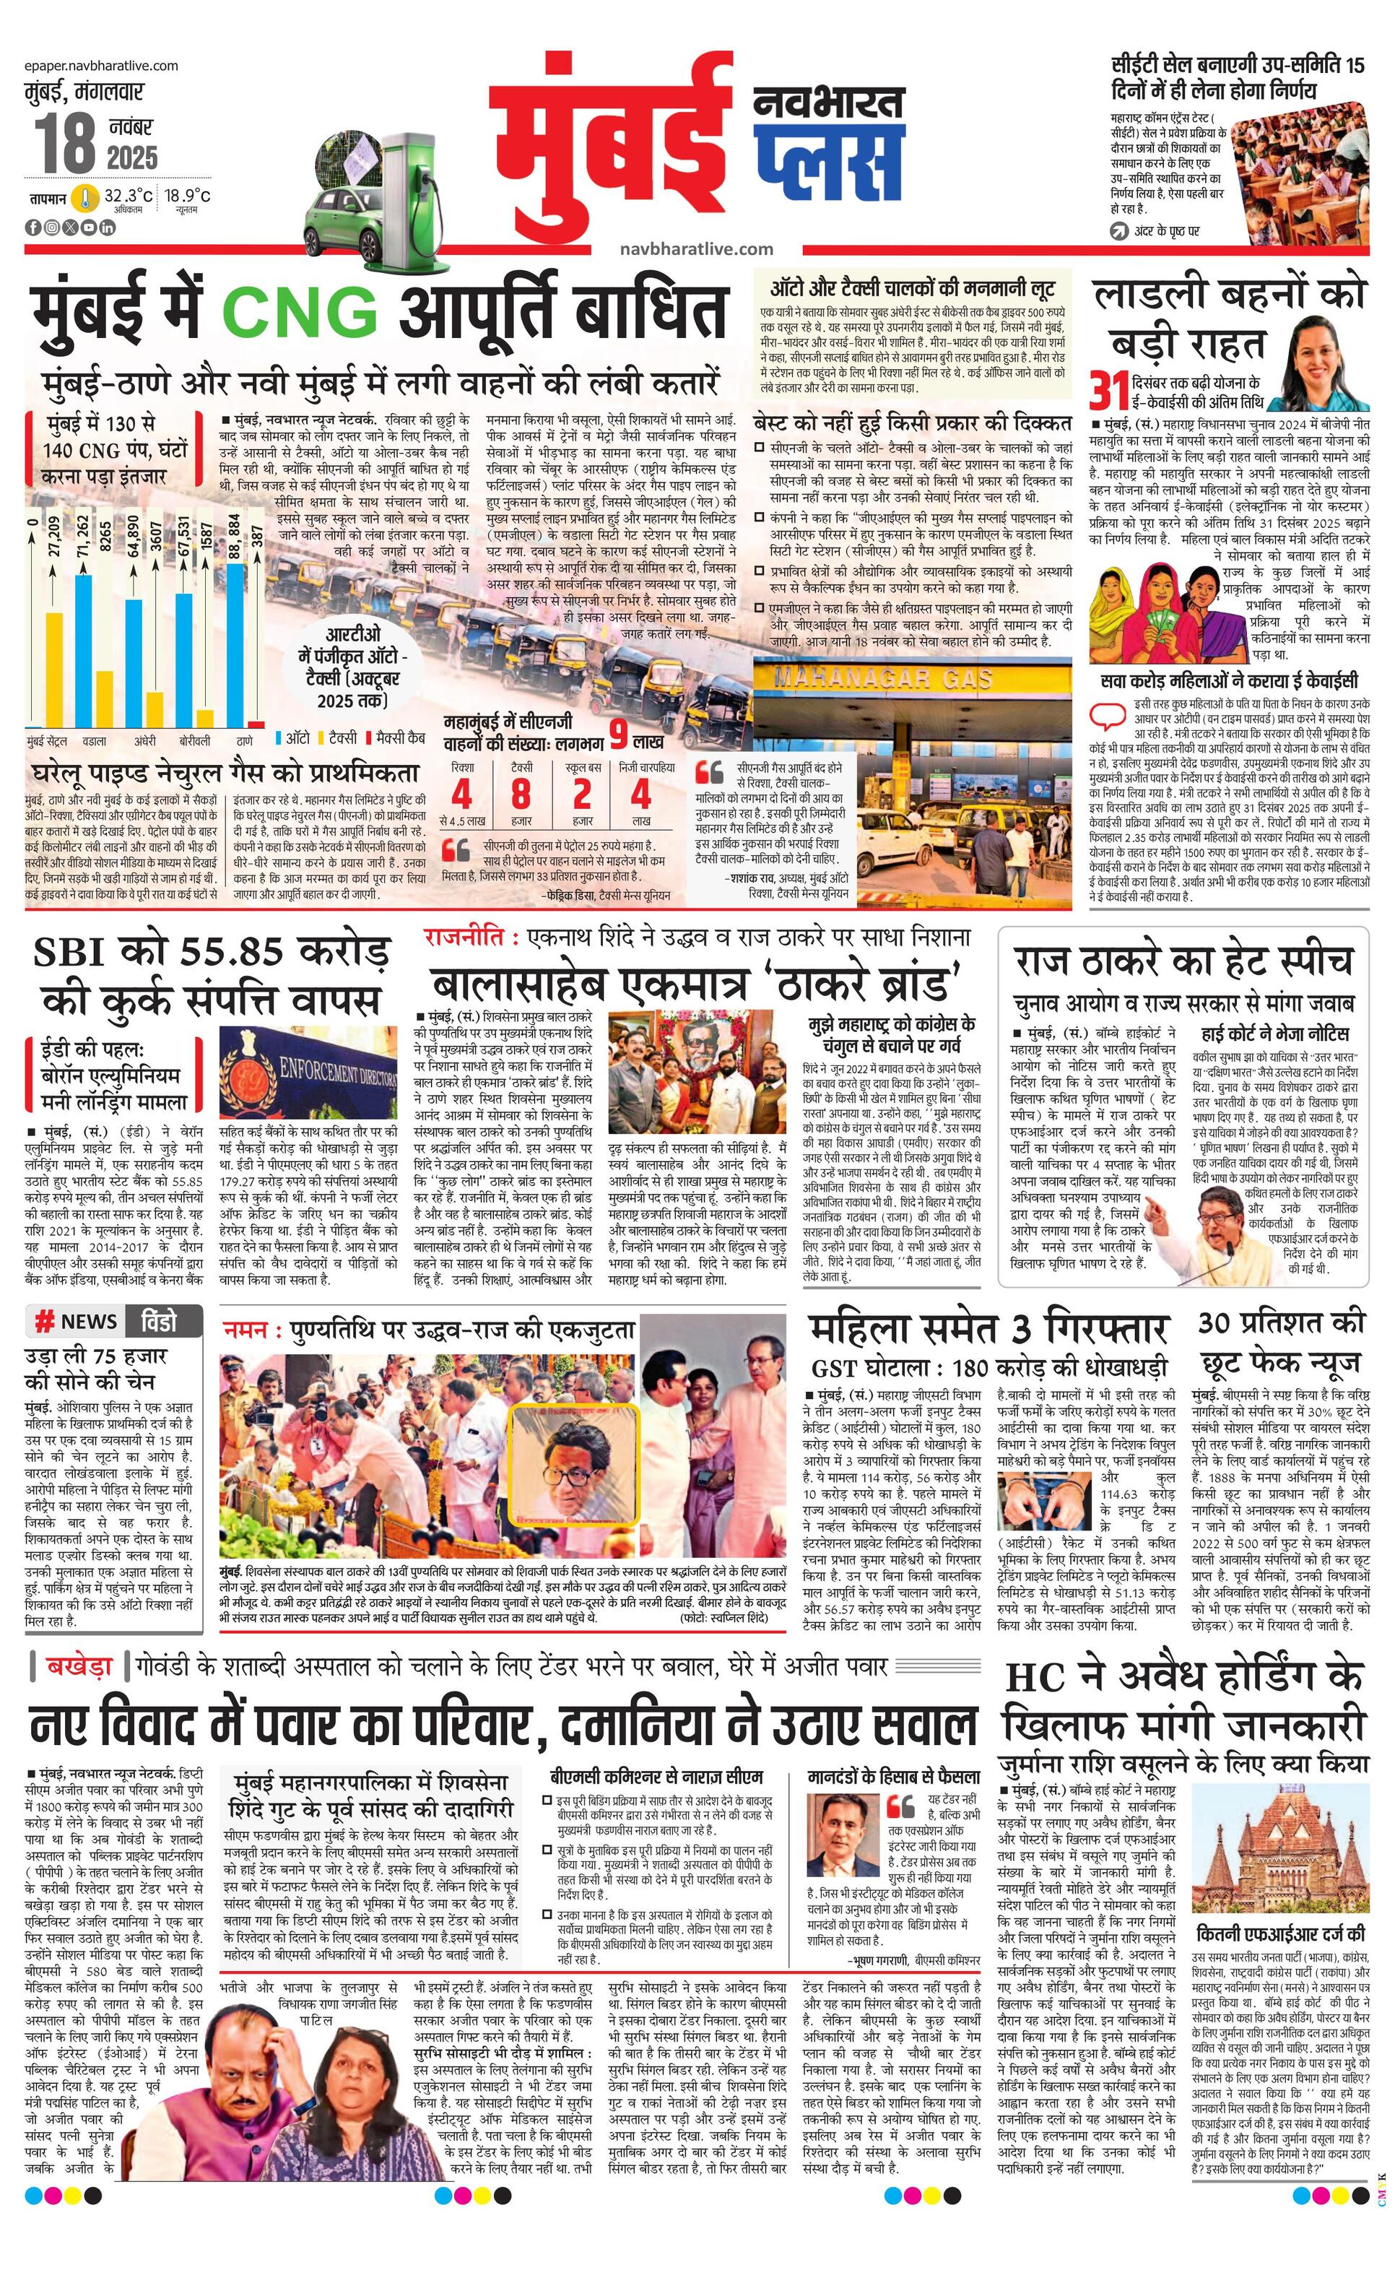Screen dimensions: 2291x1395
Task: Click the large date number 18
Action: coord(65,143)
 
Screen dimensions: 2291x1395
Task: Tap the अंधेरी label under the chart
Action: coord(145,741)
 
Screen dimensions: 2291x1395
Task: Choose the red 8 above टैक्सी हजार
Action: coord(521,795)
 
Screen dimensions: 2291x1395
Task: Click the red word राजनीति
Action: coord(469,937)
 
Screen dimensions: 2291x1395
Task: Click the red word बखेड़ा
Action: coord(80,1666)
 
